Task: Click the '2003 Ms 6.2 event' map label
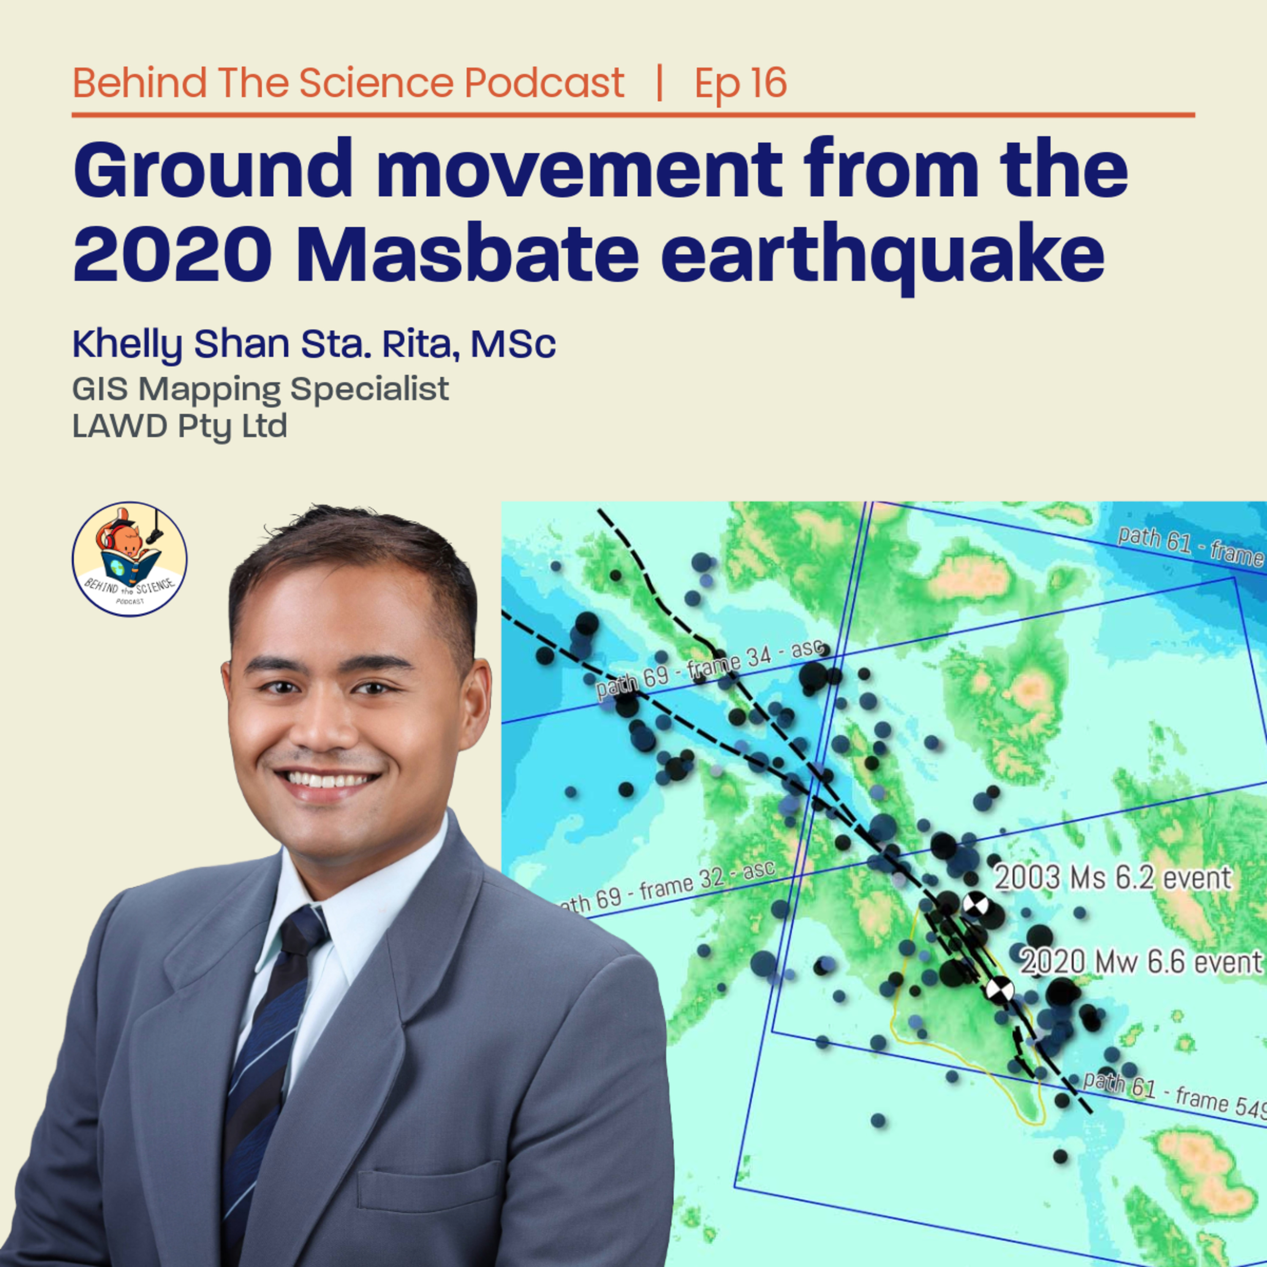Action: tap(1112, 878)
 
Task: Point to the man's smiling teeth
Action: tap(326, 780)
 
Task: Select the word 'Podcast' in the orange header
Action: tap(544, 83)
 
